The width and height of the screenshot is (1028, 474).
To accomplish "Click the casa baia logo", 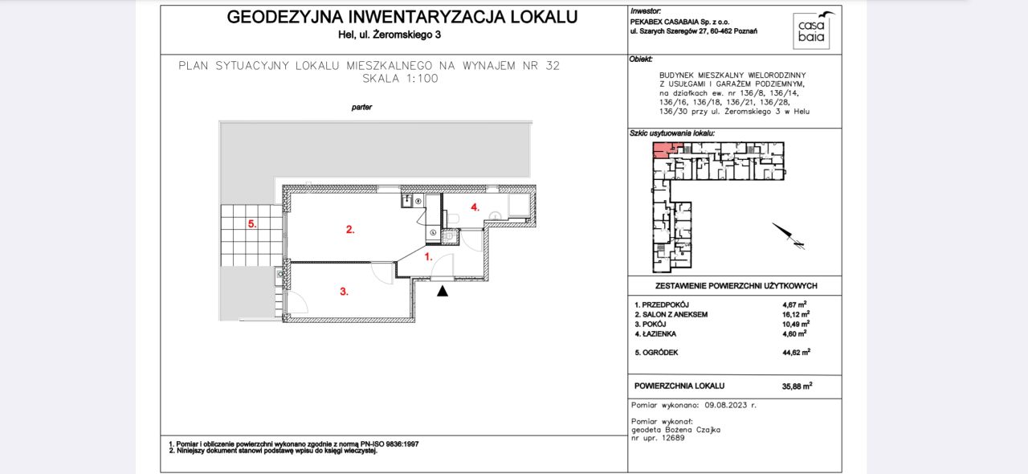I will click(812, 31).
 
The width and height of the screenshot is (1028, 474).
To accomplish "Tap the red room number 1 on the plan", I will click(428, 257).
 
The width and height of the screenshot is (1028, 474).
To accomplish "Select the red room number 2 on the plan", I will click(350, 230).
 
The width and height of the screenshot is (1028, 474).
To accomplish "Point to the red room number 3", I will click(344, 292).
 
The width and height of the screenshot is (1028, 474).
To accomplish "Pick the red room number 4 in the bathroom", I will click(475, 207).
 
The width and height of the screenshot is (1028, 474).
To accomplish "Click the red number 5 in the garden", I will click(251, 225).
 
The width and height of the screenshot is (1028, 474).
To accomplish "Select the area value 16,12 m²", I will click(796, 315).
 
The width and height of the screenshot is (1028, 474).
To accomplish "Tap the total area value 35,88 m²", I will click(797, 386).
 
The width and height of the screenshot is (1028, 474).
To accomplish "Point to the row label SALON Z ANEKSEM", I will click(673, 315).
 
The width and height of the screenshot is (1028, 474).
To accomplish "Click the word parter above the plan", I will click(361, 107).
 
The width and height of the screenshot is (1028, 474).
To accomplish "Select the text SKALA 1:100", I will click(400, 79).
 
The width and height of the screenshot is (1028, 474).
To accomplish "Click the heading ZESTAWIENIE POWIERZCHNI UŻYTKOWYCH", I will click(736, 285).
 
